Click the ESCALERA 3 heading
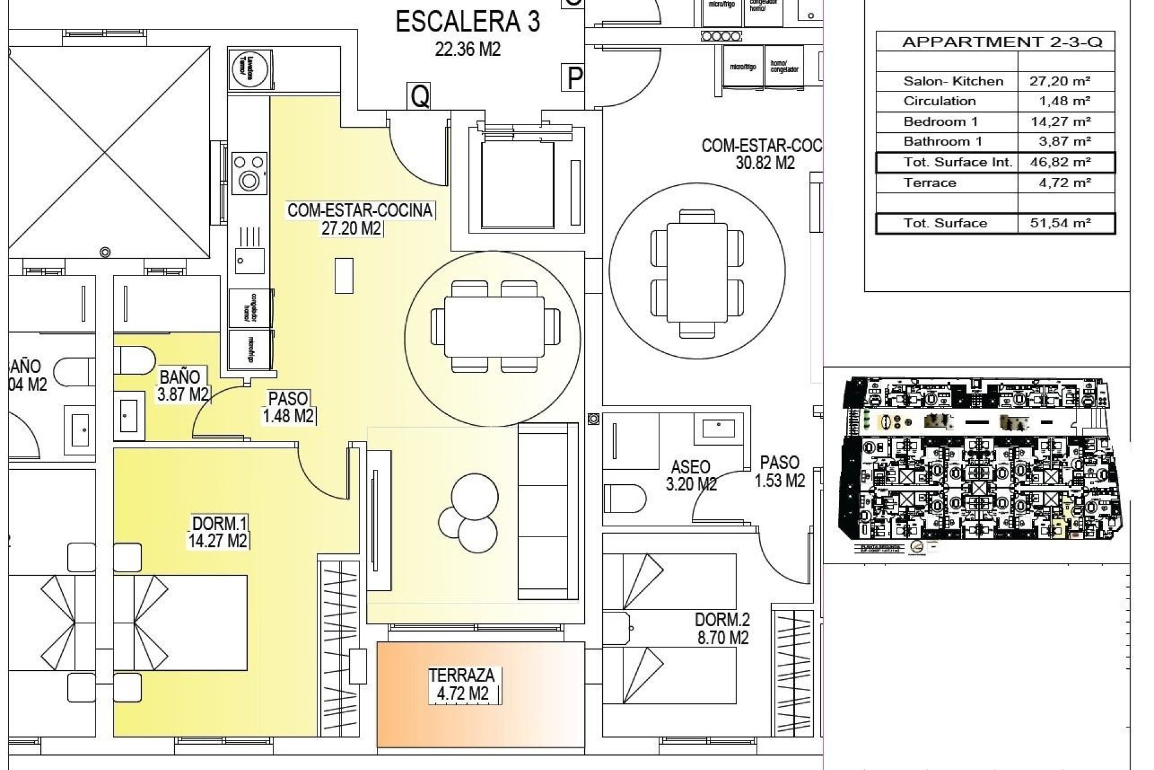pyautogui.click(x=468, y=23)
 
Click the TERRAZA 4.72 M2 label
pyautogui.click(x=462, y=685)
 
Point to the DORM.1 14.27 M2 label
pyautogui.click(x=218, y=531)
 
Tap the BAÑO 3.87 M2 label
pyautogui.click(x=182, y=386)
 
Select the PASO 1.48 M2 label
pyautogui.click(x=288, y=407)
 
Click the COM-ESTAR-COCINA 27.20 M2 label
pyautogui.click(x=359, y=218)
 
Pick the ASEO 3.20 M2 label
pyautogui.click(x=691, y=475)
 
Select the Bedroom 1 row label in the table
pyautogui.click(x=940, y=122)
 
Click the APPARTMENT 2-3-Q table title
pyautogui.click(x=1002, y=42)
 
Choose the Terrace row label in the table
pyautogui.click(x=929, y=182)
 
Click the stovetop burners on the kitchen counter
pyautogui.click(x=249, y=171)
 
